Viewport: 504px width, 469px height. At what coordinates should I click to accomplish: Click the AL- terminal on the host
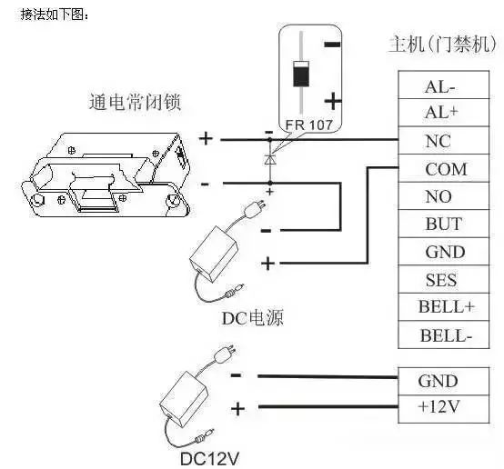[444, 85]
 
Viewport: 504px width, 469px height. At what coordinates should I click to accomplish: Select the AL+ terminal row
[444, 113]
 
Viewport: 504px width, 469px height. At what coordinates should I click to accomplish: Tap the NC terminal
[444, 140]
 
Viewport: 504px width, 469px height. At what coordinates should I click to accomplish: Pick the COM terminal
[444, 168]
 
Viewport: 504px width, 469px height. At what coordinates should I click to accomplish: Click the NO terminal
[444, 196]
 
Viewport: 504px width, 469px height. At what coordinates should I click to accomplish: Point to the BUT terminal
[444, 224]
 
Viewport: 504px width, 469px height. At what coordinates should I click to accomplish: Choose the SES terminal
[444, 279]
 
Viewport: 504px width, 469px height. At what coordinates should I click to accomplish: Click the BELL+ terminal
[444, 307]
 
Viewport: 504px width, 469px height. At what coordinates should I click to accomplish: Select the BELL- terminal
[444, 334]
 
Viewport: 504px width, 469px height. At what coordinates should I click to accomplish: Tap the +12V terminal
[444, 409]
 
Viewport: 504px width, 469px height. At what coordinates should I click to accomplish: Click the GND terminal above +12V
[444, 382]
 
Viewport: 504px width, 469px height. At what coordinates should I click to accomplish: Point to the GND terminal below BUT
[444, 252]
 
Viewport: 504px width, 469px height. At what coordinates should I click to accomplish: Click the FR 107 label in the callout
[308, 125]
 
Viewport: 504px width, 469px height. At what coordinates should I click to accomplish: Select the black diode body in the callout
[301, 74]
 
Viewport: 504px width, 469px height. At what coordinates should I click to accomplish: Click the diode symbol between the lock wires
[270, 159]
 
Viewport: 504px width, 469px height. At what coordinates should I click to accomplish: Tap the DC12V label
[209, 458]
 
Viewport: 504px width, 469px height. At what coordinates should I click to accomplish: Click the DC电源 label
[253, 318]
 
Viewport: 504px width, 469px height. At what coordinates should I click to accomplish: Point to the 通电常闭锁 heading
[135, 102]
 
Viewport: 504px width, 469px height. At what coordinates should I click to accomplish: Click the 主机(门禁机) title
[443, 44]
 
